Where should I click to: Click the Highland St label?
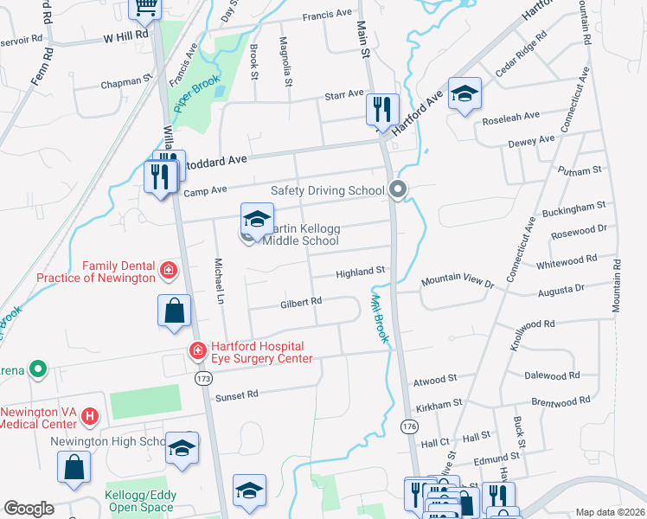pos(360,272)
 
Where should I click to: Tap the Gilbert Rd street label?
pos(301,303)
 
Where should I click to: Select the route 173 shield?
pos(204,379)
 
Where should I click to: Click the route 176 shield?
pos(410,426)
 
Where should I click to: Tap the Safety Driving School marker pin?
pos(398,189)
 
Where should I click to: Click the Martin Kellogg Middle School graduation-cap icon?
pos(257,220)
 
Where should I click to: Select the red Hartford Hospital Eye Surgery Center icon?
pos(197,350)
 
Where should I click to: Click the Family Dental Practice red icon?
pos(169,272)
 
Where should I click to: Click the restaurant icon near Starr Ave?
pos(381,110)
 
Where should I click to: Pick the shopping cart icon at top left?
pos(145,7)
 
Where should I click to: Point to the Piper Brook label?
pos(193,96)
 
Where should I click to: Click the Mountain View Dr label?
pos(457,283)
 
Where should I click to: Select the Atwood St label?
pos(435,380)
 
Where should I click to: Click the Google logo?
pos(29,509)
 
